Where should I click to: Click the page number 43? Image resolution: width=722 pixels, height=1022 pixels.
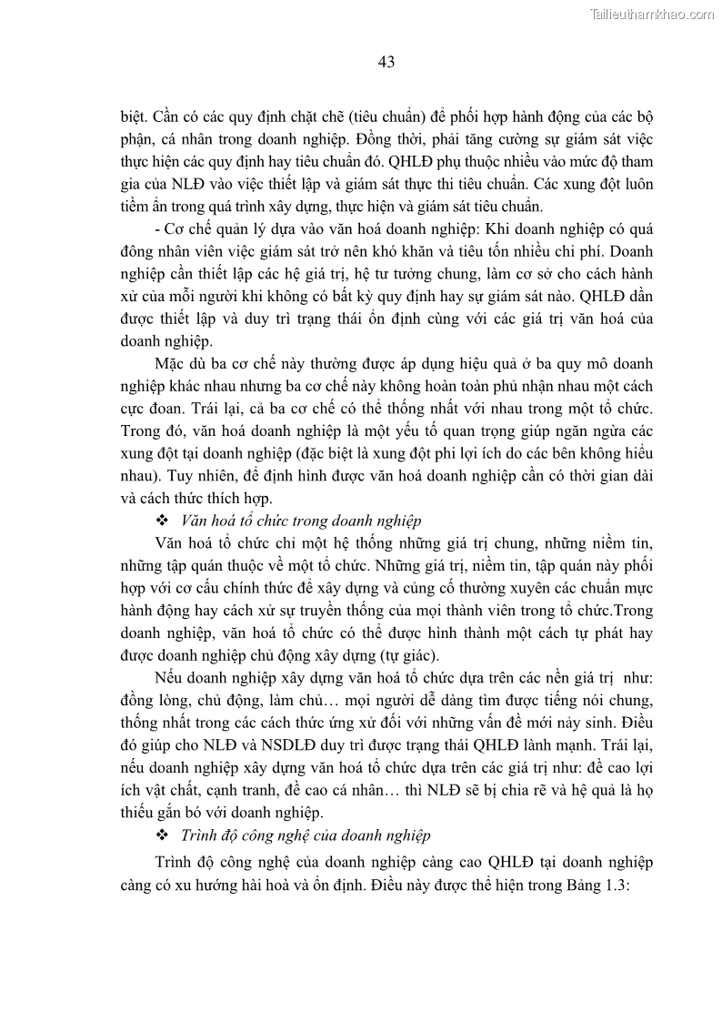tap(385, 62)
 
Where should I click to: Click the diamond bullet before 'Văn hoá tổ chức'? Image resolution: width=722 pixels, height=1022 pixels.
tap(163, 521)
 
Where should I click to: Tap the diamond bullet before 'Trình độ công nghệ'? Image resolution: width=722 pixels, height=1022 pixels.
tap(163, 835)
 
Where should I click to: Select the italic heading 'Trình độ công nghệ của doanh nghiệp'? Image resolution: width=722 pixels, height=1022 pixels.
tap(306, 835)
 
